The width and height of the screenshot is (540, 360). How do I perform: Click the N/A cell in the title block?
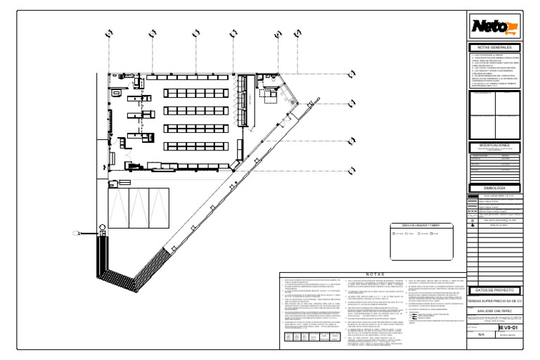(x=481, y=336)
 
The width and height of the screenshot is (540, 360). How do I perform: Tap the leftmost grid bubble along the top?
(x=109, y=33)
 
